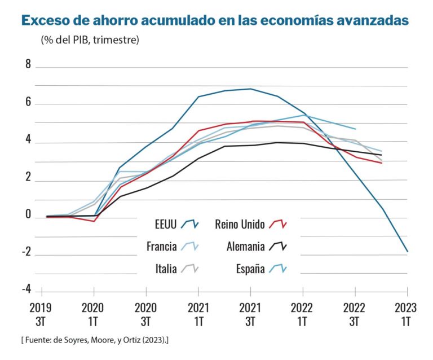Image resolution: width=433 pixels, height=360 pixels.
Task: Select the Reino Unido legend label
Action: [x=240, y=225]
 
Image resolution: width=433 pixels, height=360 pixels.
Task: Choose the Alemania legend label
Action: [x=245, y=247]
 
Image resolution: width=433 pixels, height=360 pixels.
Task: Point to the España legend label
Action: [x=250, y=269]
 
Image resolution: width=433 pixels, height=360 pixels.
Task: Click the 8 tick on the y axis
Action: [x=28, y=64]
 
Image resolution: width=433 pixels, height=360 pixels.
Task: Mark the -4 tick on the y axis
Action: [x=26, y=289]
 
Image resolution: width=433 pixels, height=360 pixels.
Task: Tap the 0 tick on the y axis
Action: [x=28, y=215]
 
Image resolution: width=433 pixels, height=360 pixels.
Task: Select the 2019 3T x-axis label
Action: [x=42, y=314]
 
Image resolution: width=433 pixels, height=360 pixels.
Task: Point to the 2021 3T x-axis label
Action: [x=250, y=314]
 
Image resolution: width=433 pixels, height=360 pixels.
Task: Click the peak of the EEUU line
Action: [x=250, y=89]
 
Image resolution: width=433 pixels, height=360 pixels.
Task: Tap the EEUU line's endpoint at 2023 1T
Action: [x=407, y=251]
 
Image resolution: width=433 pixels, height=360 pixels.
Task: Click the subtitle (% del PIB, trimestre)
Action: [x=90, y=40]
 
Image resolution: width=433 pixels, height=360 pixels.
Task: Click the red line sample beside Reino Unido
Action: [x=278, y=225]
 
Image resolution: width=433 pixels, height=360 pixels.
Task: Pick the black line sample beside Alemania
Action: [x=278, y=247]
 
